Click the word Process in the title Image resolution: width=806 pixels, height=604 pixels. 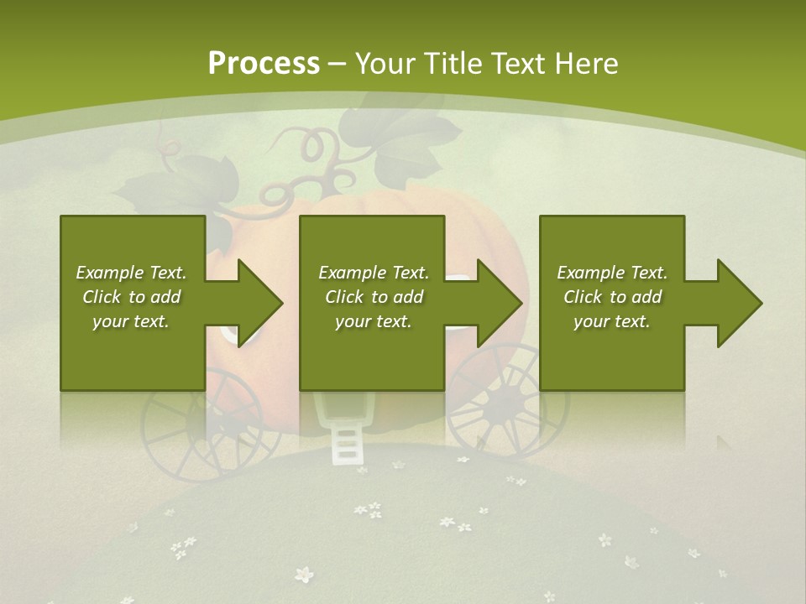264,64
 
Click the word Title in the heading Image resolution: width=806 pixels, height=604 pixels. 452,64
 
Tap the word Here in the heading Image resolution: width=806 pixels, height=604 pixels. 589,64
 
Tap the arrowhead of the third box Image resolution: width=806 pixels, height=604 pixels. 738,303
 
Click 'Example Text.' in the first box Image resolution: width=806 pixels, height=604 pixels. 131,273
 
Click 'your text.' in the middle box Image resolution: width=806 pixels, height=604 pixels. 373,321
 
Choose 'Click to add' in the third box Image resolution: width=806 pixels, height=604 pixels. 612,297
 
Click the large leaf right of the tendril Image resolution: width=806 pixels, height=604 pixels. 416,147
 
